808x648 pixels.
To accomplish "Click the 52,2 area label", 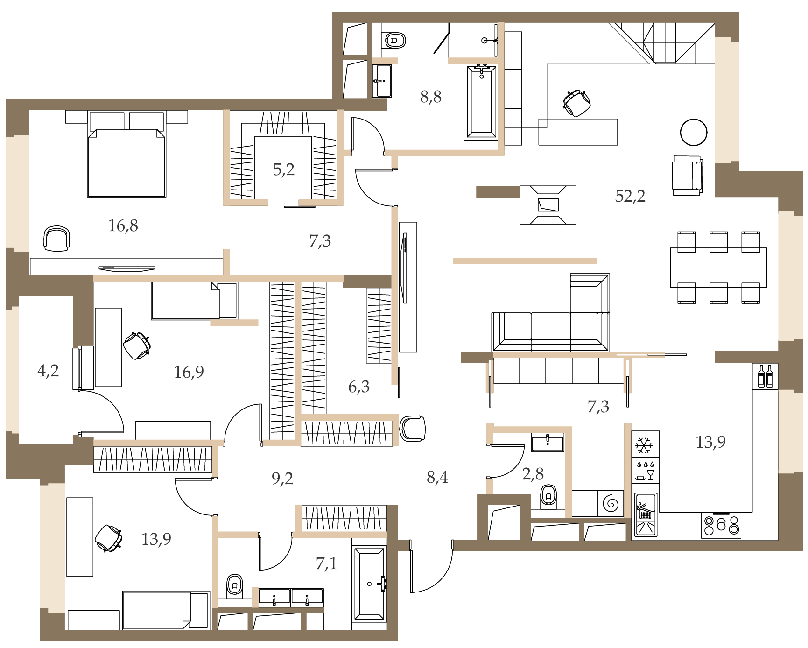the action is (630, 196).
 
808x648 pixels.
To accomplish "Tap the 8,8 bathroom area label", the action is (430, 97).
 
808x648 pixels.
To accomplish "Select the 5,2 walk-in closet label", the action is (284, 169).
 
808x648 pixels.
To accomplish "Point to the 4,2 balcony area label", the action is (48, 371).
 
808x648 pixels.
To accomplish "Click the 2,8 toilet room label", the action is (533, 474).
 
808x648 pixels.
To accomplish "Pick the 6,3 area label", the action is (359, 387).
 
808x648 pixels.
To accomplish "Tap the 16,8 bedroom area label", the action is (123, 226).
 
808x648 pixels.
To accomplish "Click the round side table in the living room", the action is (694, 132).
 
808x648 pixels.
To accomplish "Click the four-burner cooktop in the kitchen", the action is (721, 525).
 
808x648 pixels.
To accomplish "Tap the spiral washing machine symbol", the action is (611, 503).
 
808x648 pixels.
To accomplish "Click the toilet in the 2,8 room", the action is (548, 496).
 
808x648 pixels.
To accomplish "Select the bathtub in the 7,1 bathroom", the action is (369, 584).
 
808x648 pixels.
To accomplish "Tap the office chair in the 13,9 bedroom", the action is (109, 538).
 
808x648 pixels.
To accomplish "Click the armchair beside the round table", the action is (687, 176).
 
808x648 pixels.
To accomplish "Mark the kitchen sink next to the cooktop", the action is (646, 515).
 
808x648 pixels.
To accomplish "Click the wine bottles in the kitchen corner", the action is (766, 376).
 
